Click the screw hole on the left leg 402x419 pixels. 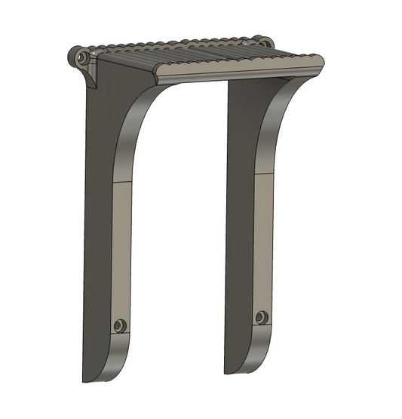point(118,325)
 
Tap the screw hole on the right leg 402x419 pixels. point(261,317)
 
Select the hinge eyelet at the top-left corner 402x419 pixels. point(81,57)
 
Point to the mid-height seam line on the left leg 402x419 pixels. point(122,181)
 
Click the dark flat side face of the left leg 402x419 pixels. point(98,226)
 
